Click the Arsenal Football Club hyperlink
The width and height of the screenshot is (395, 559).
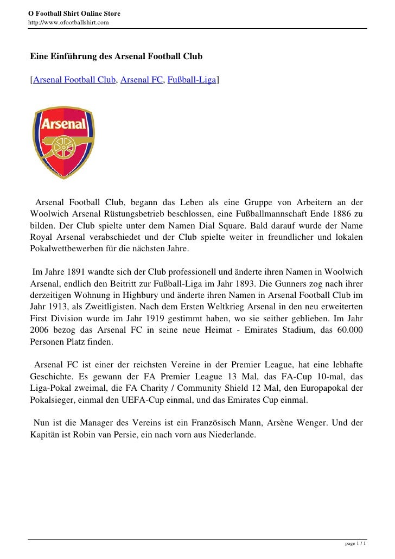[x=74, y=80]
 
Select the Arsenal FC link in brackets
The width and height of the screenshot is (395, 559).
[x=142, y=80]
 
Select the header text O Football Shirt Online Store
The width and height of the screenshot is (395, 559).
[x=74, y=12]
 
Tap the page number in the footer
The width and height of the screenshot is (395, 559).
[x=356, y=543]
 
